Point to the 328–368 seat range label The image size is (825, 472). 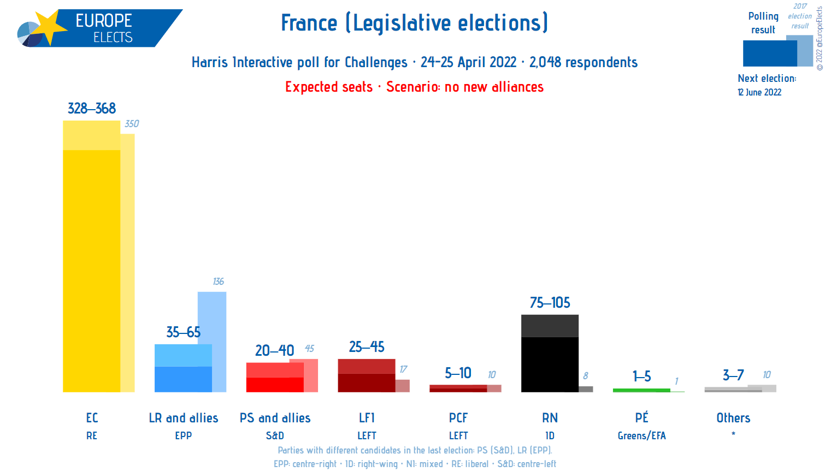tap(92, 109)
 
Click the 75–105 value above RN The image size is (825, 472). tap(550, 303)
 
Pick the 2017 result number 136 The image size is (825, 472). tap(218, 282)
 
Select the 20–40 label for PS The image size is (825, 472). tap(274, 350)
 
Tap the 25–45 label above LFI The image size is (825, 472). tap(367, 347)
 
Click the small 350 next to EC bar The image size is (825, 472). tap(132, 124)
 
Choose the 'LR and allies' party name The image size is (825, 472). tap(184, 418)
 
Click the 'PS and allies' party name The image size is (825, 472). tap(275, 418)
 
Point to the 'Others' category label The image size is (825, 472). tap(733, 418)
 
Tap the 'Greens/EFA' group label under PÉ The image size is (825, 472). tap(641, 435)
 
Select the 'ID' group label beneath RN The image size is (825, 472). tap(550, 435)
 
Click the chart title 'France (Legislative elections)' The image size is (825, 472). tap(414, 23)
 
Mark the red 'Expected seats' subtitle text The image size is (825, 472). tap(329, 87)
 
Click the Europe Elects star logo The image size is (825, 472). tap(48, 27)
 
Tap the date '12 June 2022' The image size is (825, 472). tap(759, 92)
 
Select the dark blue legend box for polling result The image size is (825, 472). tap(769, 53)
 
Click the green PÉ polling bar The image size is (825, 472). tap(641, 390)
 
